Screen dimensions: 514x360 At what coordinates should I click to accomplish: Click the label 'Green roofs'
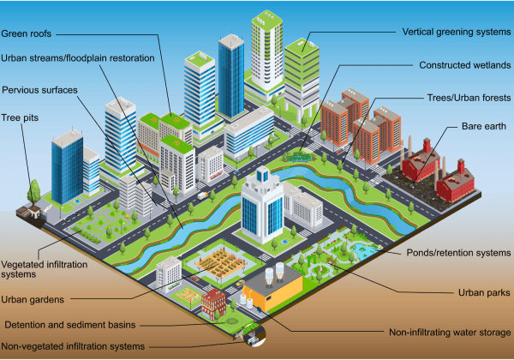[x=27, y=33]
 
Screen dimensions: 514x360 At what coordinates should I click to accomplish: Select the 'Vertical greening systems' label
[x=457, y=32]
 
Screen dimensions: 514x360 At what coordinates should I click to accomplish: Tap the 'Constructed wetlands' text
[x=465, y=65]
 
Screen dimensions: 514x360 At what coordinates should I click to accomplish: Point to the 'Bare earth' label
[x=484, y=126]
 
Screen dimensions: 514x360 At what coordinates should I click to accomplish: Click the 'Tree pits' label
[x=20, y=117]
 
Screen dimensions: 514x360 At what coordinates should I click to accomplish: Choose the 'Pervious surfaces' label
[x=39, y=90]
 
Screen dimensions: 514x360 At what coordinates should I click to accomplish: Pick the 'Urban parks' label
[x=484, y=292]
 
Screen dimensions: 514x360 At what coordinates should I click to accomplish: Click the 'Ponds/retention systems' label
[x=458, y=253]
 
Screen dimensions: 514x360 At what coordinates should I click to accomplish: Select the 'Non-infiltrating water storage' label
[x=450, y=332]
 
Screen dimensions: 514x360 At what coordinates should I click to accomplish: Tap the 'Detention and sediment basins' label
[x=70, y=325]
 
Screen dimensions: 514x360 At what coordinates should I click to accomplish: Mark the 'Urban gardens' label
[x=33, y=299]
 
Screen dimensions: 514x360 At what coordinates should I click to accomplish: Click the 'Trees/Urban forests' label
[x=469, y=98]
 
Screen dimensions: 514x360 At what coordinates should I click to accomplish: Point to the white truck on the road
[x=202, y=195]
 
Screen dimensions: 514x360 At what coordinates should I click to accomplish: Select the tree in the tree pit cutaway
[x=33, y=194]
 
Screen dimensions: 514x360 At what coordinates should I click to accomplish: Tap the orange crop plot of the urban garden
[x=221, y=261]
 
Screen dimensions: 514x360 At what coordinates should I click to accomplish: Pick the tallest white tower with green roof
[x=266, y=51]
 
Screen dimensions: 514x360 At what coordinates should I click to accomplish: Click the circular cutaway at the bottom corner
[x=254, y=335]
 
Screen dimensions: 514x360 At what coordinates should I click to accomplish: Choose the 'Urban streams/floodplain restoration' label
[x=78, y=58]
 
